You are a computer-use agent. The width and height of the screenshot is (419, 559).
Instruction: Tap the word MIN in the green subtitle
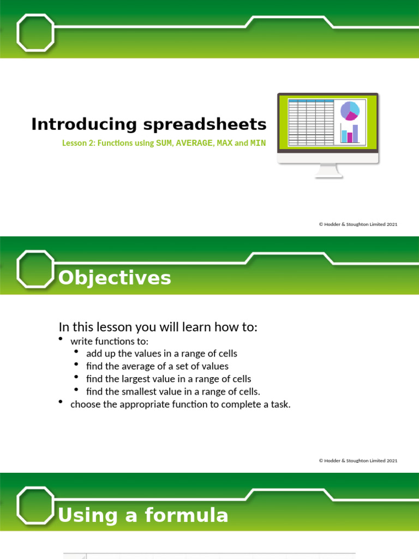(x=258, y=144)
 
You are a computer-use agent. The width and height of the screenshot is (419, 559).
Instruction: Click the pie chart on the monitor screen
(x=350, y=110)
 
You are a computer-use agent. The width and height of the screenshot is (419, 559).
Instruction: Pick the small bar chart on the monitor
(x=349, y=134)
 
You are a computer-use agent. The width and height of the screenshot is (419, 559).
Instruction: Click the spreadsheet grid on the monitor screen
(x=310, y=123)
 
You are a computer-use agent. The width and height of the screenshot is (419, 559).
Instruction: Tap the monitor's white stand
(x=329, y=170)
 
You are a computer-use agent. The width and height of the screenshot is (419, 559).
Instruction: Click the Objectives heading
(x=115, y=278)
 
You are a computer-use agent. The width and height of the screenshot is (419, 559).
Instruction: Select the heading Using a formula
(x=143, y=515)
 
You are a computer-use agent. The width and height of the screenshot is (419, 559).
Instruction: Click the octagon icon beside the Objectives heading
(x=35, y=269)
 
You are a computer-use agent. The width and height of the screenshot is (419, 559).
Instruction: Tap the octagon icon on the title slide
(x=35, y=32)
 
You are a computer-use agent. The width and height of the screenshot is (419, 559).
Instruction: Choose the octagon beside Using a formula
(x=35, y=505)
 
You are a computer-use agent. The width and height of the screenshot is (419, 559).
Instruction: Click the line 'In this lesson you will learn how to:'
(x=158, y=327)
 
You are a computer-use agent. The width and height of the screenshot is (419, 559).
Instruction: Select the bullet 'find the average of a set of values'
(x=157, y=366)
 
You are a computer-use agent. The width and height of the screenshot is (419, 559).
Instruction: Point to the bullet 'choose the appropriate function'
(x=180, y=405)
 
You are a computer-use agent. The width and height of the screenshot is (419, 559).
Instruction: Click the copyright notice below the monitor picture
(x=358, y=224)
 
